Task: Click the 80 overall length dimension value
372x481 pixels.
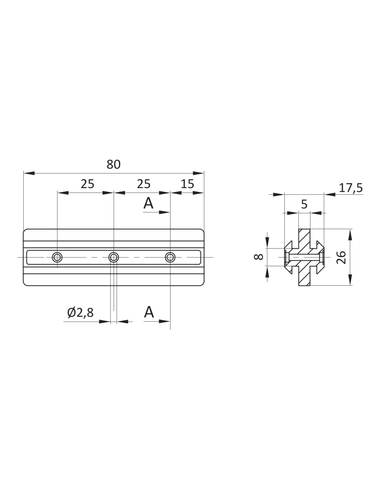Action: coord(114,164)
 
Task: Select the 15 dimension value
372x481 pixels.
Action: coord(187,184)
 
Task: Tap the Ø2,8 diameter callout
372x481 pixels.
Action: coord(80,312)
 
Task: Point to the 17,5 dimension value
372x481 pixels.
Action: coord(351,188)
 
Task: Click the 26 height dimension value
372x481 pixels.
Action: coord(341,257)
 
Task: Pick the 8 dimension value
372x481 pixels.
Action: coord(258,257)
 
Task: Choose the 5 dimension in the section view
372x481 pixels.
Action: coord(304,204)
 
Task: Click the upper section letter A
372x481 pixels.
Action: coord(148,203)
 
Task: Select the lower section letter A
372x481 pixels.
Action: coord(149,312)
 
